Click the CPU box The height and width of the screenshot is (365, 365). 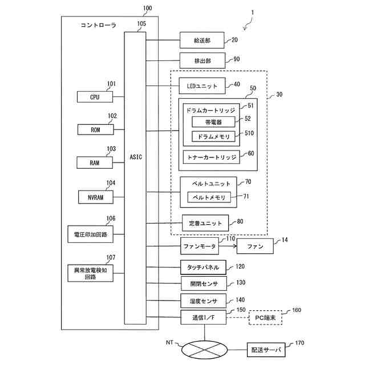point(95,97)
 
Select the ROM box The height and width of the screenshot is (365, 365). point(95,129)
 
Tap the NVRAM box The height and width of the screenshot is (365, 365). point(95,197)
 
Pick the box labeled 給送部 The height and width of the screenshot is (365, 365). point(202,40)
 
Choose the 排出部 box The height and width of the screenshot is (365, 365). point(202,60)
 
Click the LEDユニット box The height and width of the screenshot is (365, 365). point(202,86)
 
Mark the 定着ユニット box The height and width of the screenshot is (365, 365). point(205,222)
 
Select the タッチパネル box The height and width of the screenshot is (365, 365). point(203,266)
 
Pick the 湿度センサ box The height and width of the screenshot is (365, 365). point(203,300)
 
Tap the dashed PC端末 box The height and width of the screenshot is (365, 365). point(266,317)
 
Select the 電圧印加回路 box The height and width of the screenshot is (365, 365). point(95,234)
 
